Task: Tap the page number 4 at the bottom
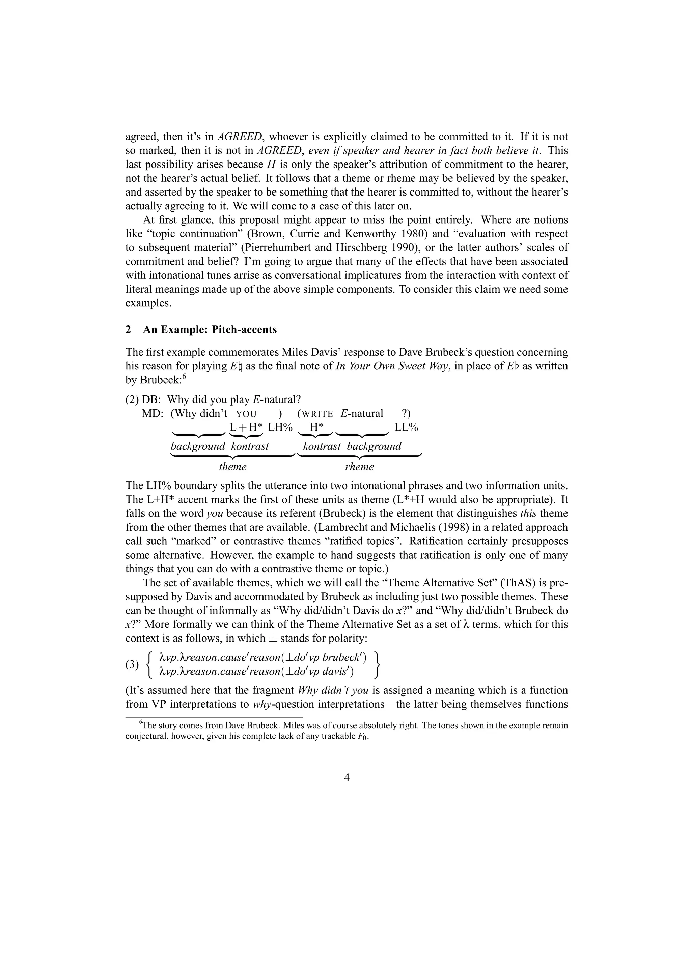click(347, 777)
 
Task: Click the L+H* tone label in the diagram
click(246, 427)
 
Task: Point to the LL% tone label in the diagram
click(406, 427)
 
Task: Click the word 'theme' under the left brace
click(232, 467)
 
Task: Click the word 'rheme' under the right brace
click(359, 467)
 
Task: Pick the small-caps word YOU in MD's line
click(246, 414)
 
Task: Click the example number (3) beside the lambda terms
click(132, 664)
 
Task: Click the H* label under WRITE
click(315, 427)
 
